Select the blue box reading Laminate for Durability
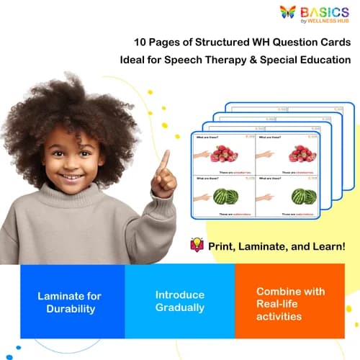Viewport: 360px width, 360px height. click(72, 302)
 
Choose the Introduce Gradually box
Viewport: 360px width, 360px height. click(180, 302)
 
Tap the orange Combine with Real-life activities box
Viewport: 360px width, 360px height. click(291, 302)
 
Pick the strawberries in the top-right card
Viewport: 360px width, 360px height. click(302, 153)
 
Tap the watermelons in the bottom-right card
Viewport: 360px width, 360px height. click(302, 196)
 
